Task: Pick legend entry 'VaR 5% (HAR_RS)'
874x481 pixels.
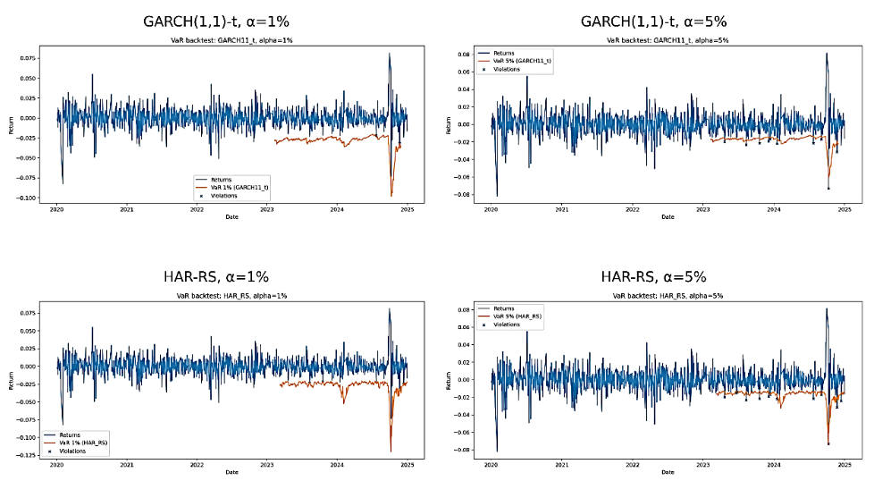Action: [517, 316]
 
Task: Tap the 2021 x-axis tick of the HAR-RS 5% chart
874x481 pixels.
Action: [561, 466]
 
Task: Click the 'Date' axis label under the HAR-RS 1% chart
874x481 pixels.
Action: [231, 472]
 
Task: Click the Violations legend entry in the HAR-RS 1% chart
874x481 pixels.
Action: [72, 451]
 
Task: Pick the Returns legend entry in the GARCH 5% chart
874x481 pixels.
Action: [506, 53]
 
